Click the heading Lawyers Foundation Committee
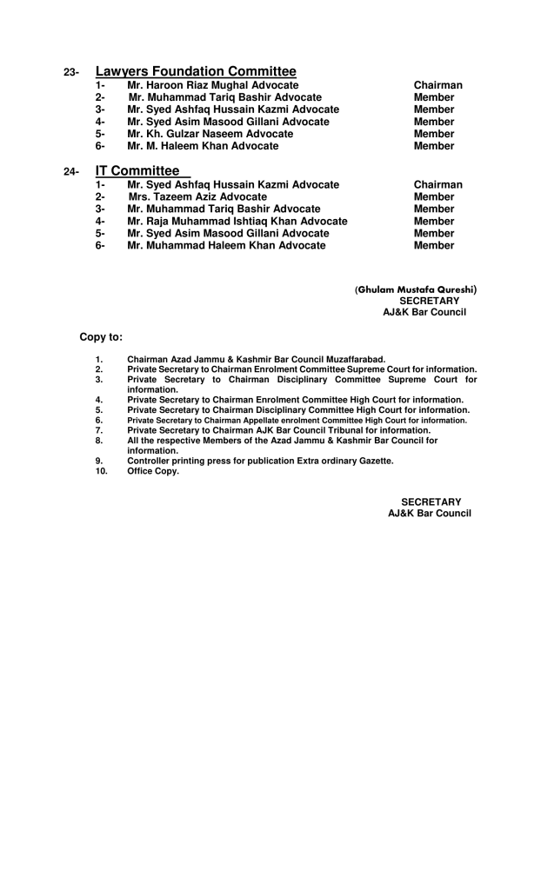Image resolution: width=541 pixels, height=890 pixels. pos(196,71)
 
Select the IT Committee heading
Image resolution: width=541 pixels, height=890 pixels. pos(137,171)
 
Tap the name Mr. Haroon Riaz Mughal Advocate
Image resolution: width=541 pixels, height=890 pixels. pos(212,85)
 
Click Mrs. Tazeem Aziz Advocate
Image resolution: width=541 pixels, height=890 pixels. pos(197,197)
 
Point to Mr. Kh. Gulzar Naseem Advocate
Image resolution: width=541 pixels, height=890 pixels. pos(210,134)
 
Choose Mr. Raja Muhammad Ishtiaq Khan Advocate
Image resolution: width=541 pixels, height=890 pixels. pos(237,222)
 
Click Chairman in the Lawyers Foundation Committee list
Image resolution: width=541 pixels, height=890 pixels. pos(437,85)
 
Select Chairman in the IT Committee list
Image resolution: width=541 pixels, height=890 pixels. pos(437,185)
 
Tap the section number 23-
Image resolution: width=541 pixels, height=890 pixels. pos(72,73)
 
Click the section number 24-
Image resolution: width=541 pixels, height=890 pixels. pos(72,172)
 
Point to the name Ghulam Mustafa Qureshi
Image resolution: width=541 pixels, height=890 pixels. pos(416,289)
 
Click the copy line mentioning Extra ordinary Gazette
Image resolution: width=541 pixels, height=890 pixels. pos(260,461)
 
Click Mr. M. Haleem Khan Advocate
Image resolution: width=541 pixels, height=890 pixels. pos(203,146)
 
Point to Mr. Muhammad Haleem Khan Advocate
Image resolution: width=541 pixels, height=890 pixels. pos(226,246)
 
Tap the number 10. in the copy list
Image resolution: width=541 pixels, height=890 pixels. pos(100,471)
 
